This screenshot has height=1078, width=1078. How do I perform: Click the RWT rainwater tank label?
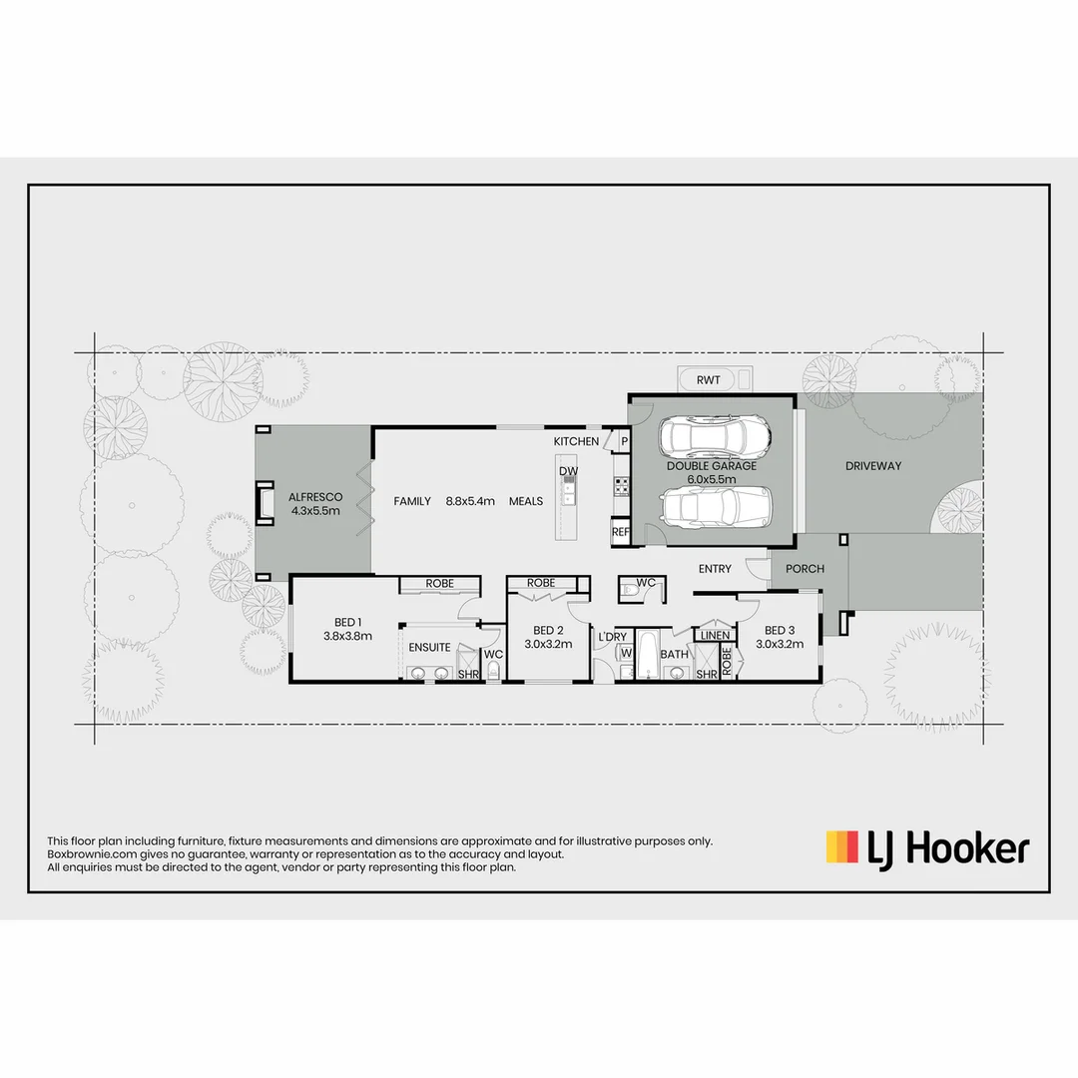coord(709,380)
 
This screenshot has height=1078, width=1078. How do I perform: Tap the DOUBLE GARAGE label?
coord(712,466)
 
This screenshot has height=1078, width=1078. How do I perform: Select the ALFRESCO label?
coord(315,497)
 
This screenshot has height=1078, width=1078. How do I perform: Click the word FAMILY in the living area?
coord(412,501)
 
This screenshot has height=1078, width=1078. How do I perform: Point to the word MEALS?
coord(526,501)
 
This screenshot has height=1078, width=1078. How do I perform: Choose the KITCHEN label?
coord(577,441)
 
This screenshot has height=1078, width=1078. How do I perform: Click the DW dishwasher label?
coord(568,471)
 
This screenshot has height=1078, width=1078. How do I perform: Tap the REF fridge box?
coord(621,533)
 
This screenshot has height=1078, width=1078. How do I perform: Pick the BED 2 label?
coord(549,630)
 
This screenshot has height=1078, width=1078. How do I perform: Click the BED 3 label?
coord(780,630)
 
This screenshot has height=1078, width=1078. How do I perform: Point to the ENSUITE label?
coord(429,648)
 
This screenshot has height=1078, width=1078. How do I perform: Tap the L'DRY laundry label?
coord(612,637)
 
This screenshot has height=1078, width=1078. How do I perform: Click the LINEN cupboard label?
coord(715,635)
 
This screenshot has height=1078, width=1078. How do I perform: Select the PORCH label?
coord(805,569)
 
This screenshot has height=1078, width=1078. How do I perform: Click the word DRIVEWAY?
coord(873,466)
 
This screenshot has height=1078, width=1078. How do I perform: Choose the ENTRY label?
coord(715,569)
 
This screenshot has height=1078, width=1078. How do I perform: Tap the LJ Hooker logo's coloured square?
coord(841,847)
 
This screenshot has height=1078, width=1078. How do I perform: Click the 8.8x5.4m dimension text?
coord(471,501)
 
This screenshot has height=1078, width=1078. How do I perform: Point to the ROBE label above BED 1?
coord(439,584)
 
